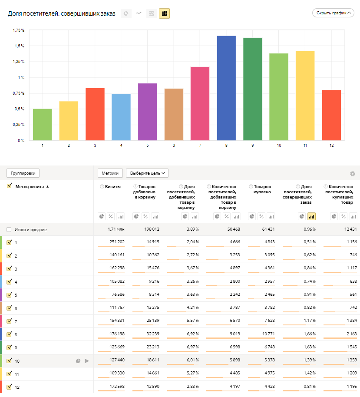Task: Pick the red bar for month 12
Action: click(331, 115)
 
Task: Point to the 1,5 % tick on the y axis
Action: click(19, 46)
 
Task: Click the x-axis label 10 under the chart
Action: click(278, 146)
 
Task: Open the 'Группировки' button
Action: click(23, 173)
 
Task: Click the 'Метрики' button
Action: click(110, 173)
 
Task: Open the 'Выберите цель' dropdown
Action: click(147, 173)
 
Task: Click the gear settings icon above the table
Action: click(353, 174)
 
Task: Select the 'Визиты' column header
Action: click(113, 186)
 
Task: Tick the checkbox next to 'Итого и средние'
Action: click(9, 229)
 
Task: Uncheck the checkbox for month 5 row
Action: click(9, 295)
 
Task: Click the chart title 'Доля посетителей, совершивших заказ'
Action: click(62, 13)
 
